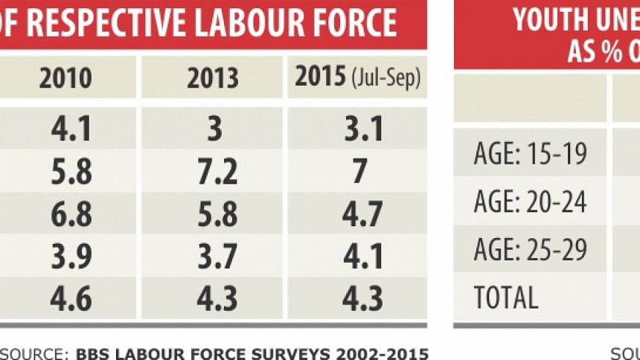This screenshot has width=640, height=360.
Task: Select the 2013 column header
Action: tap(213, 78)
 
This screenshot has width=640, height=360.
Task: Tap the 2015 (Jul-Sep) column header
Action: tap(358, 77)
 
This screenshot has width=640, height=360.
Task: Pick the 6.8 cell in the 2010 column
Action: tap(71, 214)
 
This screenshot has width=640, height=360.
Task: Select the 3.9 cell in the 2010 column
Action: tap(71, 257)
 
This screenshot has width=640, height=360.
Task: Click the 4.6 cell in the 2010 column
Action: tap(71, 298)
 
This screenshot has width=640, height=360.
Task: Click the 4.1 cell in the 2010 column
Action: tap(71, 129)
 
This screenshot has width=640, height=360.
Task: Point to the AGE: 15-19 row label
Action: tap(530, 154)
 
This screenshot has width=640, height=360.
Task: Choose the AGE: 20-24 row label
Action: tap(530, 202)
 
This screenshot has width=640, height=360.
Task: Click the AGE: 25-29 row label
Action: tap(530, 249)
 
